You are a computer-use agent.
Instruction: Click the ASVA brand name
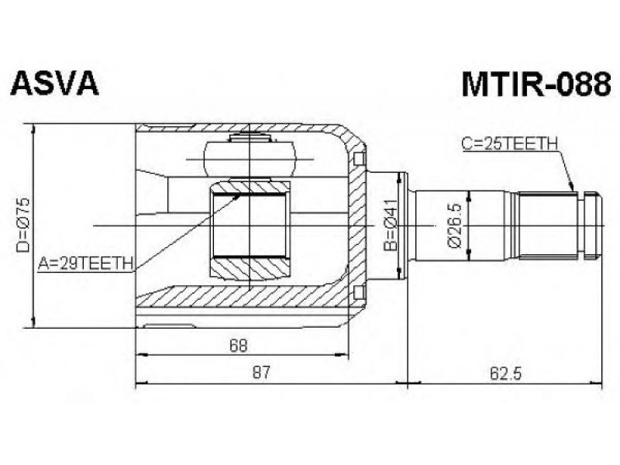pos(54,84)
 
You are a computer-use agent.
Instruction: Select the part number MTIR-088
pos(536,84)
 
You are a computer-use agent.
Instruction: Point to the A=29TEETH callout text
pos(85,263)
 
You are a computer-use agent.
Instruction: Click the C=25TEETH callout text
pos(510,143)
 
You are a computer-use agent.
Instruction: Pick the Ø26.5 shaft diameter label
pos(455,226)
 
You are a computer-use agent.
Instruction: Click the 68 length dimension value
pos(239,345)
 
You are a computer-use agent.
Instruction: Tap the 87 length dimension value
pos(261,373)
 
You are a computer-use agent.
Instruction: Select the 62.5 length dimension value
pos(506,373)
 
